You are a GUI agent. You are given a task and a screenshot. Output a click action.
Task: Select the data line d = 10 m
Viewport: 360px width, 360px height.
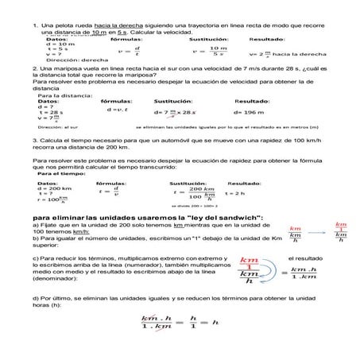[x=60, y=44]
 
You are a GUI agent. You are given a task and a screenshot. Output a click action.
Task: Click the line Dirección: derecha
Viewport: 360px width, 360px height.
[x=72, y=60]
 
